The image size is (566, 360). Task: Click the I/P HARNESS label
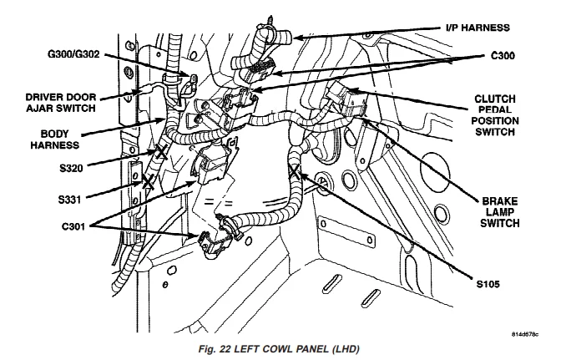[478, 28]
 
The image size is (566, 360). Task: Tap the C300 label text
[503, 56]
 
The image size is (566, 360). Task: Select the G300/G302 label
[73, 54]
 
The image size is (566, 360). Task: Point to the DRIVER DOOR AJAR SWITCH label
[61, 103]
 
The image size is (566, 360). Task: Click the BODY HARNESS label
[54, 139]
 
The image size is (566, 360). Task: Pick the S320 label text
[71, 168]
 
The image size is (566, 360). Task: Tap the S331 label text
[69, 200]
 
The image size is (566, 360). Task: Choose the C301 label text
[73, 226]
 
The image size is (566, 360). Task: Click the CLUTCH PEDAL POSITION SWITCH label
[495, 115]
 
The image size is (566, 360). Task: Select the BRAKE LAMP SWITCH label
[499, 212]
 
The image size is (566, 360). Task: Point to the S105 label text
[488, 284]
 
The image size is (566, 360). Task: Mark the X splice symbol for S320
[161, 152]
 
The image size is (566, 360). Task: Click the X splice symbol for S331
[148, 181]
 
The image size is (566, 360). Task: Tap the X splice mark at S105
[295, 171]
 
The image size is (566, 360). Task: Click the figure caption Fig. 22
[279, 349]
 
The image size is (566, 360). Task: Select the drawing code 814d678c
[525, 334]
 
